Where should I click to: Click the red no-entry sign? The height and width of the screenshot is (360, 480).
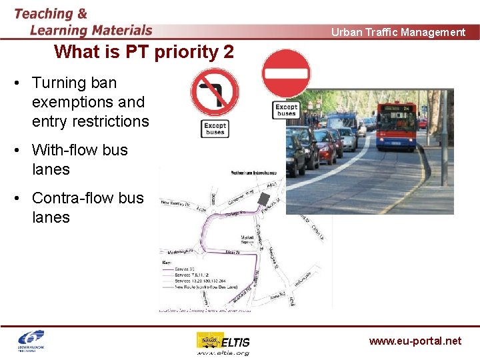click(x=286, y=73)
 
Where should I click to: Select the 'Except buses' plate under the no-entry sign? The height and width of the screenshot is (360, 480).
click(x=286, y=110)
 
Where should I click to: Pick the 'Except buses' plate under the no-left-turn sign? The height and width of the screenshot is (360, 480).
click(x=214, y=129)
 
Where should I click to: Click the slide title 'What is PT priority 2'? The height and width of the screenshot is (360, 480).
click(x=144, y=51)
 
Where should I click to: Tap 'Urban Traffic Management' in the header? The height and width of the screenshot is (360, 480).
click(x=398, y=32)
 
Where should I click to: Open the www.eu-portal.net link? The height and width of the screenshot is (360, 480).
click(x=415, y=341)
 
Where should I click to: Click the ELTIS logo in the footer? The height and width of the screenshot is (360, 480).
click(x=223, y=343)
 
